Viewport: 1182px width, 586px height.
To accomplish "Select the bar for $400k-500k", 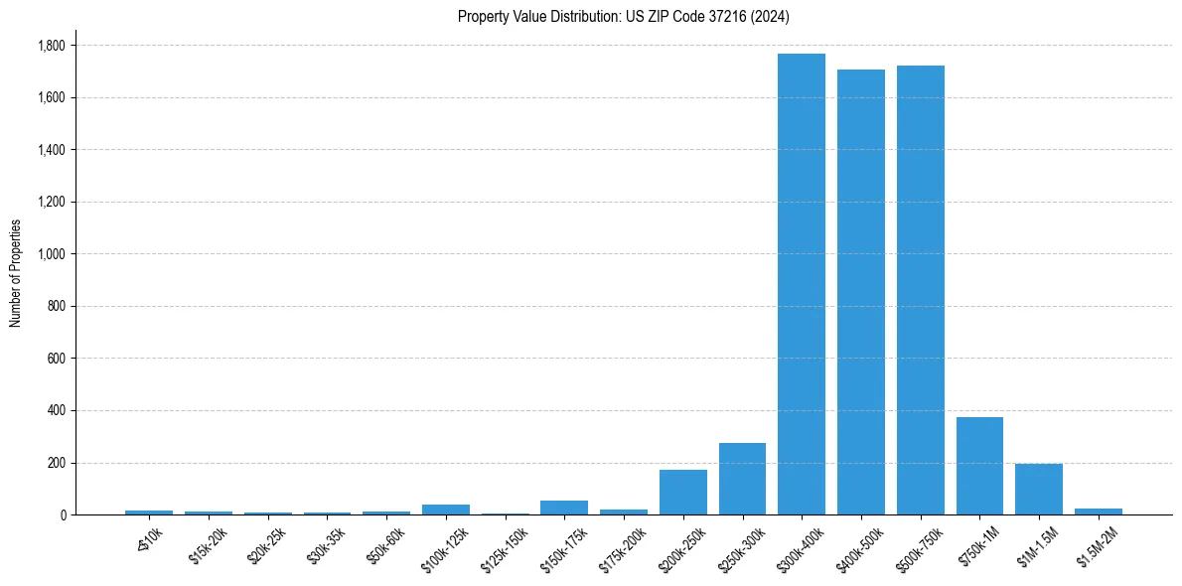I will click(x=861, y=292).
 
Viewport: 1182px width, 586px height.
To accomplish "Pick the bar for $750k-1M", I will click(x=979, y=466).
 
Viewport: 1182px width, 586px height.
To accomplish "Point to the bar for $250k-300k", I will click(x=742, y=479).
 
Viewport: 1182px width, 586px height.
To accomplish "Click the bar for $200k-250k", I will click(x=683, y=493).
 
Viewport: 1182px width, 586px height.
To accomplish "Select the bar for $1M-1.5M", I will click(x=1039, y=490).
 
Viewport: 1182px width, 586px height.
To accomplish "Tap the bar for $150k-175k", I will click(x=564, y=508).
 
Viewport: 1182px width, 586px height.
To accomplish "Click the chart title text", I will click(x=624, y=16).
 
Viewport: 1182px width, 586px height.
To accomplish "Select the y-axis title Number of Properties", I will click(x=16, y=273).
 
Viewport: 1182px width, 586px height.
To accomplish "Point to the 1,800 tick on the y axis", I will click(x=52, y=46).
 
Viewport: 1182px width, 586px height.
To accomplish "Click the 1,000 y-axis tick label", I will click(x=52, y=254).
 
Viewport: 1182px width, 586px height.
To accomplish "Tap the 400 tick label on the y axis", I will click(x=57, y=410).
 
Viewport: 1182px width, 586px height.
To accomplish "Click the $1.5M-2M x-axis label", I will click(x=1098, y=547).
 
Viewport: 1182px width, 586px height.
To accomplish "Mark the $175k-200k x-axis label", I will click(x=624, y=549).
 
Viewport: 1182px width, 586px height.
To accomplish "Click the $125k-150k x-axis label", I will click(x=506, y=549).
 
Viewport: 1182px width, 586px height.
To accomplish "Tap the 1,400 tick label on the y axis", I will click(x=52, y=150).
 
